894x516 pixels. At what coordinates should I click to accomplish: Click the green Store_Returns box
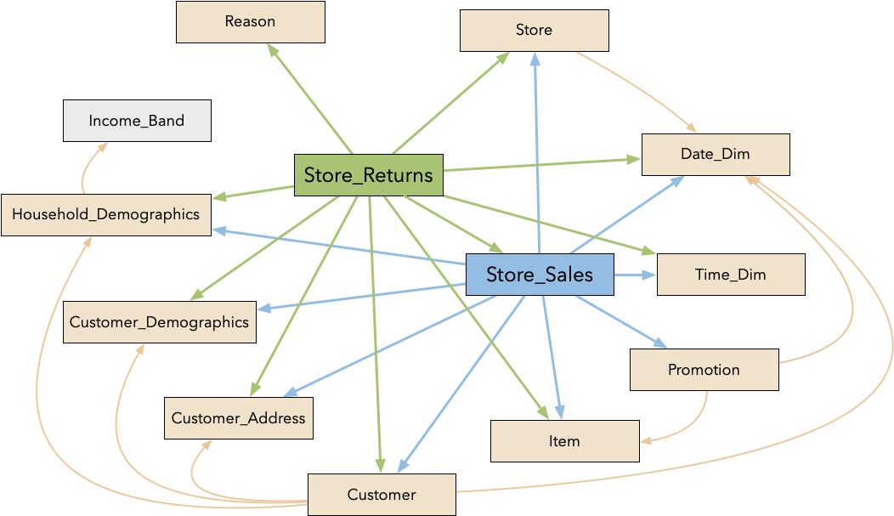tap(368, 175)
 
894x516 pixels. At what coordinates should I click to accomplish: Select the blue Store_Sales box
tap(540, 275)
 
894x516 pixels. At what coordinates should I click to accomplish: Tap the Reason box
tap(250, 22)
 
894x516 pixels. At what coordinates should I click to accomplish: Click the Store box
tap(534, 31)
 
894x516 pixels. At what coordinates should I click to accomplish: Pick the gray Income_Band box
tap(137, 121)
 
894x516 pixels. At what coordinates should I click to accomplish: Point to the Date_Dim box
tap(716, 155)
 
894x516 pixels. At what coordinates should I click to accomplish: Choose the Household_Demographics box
tap(105, 214)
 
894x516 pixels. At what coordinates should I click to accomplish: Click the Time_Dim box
tap(731, 275)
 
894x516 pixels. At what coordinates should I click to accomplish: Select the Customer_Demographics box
tap(159, 322)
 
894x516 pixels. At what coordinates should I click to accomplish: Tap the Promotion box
tap(704, 370)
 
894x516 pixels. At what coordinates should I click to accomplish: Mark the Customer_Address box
tap(238, 418)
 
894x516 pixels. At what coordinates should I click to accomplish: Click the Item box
tap(564, 441)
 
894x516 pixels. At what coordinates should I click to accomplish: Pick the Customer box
tap(382, 495)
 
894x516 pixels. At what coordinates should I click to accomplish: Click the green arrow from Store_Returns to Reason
tap(309, 98)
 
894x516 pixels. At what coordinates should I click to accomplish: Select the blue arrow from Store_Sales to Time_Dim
tap(634, 275)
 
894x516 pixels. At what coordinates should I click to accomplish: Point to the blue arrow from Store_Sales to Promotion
tap(620, 321)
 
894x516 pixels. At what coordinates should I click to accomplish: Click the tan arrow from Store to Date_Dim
tap(637, 89)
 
